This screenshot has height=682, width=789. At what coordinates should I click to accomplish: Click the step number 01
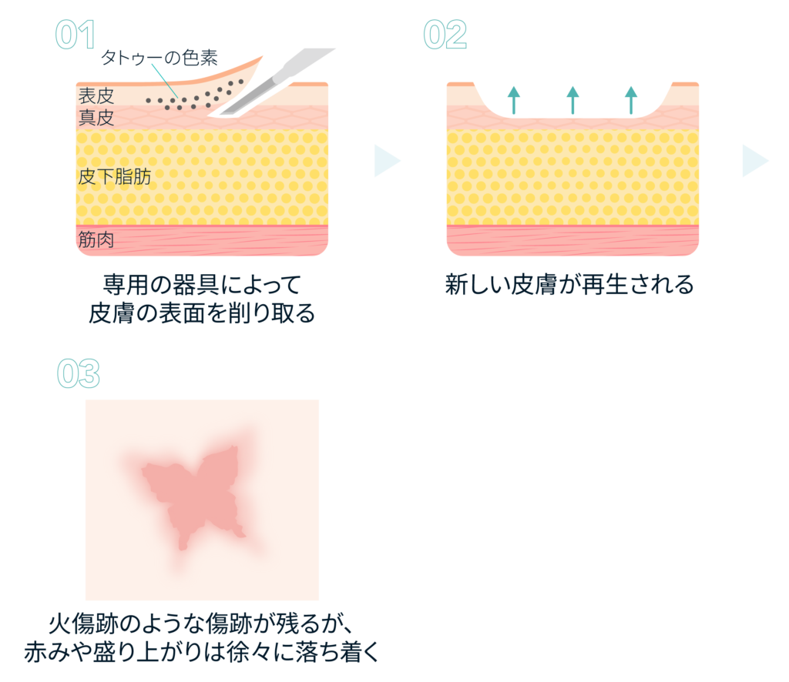point(75,35)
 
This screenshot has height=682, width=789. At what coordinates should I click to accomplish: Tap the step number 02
point(445,35)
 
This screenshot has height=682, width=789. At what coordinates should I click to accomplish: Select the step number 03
point(79,373)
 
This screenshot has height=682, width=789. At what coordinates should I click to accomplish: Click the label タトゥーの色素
point(159,58)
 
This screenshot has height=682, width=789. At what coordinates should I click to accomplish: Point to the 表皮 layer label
point(96,95)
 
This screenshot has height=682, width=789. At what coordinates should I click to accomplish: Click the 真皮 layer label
point(96,118)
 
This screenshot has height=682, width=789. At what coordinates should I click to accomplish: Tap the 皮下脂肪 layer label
point(115,177)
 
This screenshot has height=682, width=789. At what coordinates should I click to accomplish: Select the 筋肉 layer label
point(96,239)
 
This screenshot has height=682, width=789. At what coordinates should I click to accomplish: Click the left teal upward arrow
point(514,100)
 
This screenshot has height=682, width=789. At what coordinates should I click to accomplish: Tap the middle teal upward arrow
point(572,100)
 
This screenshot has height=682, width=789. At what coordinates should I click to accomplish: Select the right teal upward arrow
point(631,100)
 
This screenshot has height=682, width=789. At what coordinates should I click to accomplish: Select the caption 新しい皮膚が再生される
point(569,285)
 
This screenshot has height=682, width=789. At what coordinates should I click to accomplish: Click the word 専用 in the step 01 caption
point(126,285)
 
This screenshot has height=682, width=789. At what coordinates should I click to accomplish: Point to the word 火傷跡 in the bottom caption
point(83,623)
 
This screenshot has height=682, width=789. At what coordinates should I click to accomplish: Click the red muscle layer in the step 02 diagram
point(572,240)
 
